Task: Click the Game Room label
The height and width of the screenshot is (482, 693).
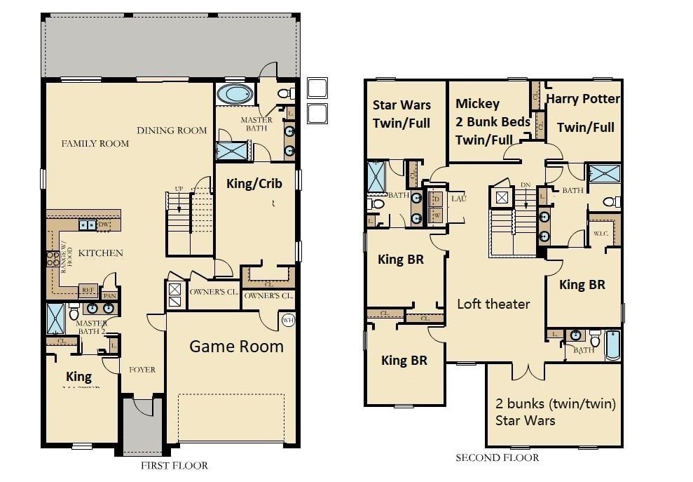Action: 236,346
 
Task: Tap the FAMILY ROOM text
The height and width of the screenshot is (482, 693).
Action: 95,143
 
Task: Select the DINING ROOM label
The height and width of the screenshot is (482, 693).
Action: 172,130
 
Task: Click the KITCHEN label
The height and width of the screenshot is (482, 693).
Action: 101,253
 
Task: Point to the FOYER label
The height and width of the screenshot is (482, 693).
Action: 142,370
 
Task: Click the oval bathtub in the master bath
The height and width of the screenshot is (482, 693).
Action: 235,93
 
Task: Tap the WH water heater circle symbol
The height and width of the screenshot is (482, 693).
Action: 287,320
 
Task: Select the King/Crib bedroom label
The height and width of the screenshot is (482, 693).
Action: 254,183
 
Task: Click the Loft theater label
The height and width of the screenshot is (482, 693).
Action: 493,304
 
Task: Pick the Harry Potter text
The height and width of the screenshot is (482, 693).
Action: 583,99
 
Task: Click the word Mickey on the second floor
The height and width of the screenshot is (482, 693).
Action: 476,104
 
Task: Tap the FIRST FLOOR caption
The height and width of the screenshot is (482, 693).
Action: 174,465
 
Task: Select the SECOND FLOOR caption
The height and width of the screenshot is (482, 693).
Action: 498,457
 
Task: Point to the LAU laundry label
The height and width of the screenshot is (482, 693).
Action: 458,199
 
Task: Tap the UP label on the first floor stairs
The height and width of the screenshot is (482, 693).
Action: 179,189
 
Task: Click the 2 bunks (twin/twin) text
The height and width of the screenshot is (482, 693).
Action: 556,404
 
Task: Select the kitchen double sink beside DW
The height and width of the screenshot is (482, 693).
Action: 88,225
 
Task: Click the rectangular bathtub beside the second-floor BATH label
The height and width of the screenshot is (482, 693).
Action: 612,344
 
